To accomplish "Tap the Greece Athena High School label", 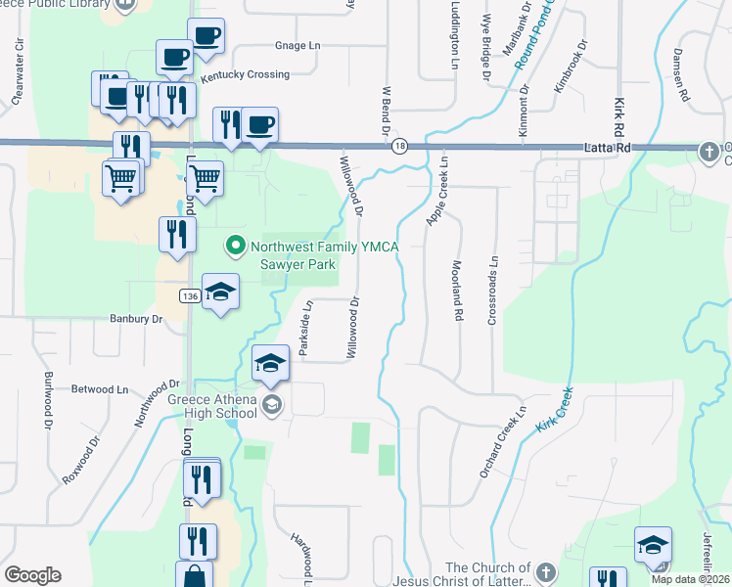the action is click(211, 406).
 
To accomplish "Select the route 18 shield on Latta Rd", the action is click(399, 146).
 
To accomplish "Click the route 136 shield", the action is click(191, 295).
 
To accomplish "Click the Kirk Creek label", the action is click(553, 414).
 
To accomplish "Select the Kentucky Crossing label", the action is click(245, 74).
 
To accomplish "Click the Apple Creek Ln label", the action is click(435, 192).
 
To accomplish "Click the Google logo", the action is click(32, 575).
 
